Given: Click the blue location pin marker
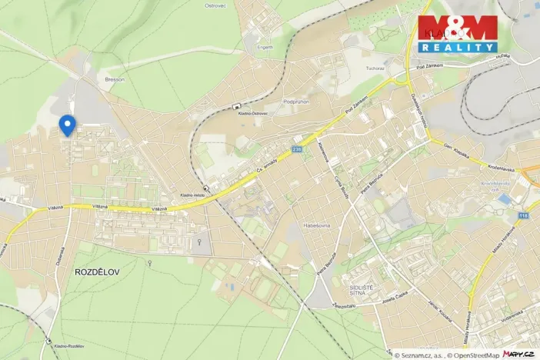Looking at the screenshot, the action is (67, 124).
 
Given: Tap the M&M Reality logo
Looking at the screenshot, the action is (458, 34).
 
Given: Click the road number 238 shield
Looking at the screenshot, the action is (297, 149).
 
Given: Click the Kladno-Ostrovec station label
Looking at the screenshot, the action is (253, 113).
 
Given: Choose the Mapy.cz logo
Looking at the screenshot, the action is (519, 354).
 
